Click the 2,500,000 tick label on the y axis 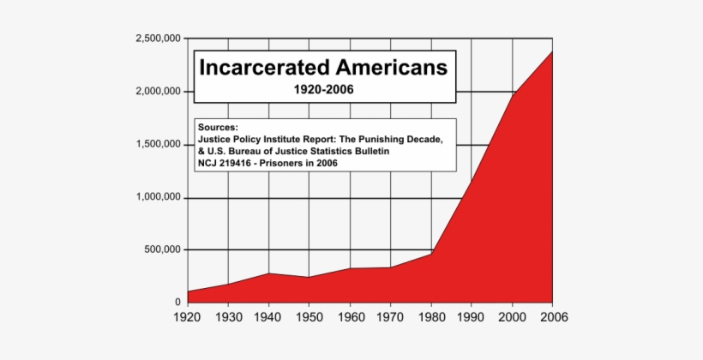(x=158, y=39)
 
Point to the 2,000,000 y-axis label (x=158, y=92)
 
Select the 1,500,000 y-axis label (x=158, y=145)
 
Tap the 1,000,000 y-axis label (x=158, y=197)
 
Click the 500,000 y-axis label (x=162, y=250)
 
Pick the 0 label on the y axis (x=177, y=303)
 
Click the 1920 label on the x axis (x=187, y=318)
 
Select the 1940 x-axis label (x=268, y=318)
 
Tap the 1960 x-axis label (x=350, y=318)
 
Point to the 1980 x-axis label (x=431, y=318)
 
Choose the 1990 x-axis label (x=472, y=318)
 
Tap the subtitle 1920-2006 (x=323, y=89)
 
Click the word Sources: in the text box (x=219, y=127)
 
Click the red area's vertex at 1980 (x=431, y=254)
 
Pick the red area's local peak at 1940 (x=268, y=273)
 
